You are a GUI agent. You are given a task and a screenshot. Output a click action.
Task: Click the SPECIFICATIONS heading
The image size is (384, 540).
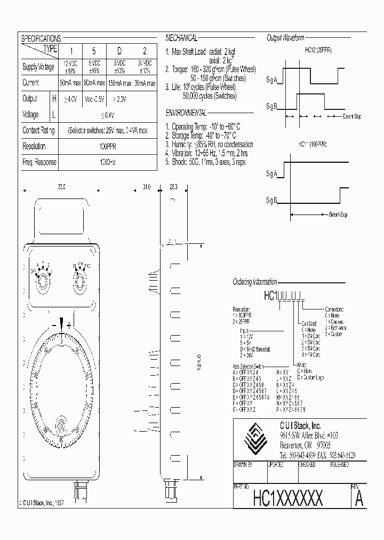click(x=41, y=38)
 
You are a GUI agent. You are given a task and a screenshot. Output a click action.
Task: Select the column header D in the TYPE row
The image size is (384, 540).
click(x=119, y=51)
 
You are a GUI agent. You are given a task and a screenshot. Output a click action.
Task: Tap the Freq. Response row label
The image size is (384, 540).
click(x=39, y=162)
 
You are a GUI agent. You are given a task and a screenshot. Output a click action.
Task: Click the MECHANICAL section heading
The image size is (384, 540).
click(x=181, y=38)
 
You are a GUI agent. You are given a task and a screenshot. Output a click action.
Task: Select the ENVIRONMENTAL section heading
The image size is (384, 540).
click(x=186, y=114)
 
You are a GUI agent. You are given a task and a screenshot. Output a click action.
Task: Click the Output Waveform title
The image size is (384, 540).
click(x=285, y=38)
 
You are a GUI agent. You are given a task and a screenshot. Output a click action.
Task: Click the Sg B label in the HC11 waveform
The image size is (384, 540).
click(x=272, y=200)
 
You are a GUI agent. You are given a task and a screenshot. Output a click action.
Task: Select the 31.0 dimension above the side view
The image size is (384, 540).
click(x=147, y=187)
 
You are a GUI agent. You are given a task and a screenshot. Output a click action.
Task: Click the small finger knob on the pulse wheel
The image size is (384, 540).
click(x=61, y=425)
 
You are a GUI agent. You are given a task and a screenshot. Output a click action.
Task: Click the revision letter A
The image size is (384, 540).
click(x=359, y=499)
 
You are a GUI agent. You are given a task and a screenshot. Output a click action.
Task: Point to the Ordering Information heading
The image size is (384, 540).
click(x=255, y=282)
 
